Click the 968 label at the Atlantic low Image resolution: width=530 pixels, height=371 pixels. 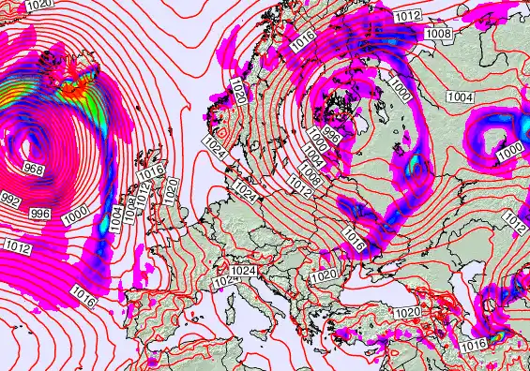34,170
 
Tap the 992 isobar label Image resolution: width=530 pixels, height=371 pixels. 11,201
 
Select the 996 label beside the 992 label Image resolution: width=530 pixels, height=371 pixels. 40,215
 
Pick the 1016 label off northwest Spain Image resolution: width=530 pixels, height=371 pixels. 82,300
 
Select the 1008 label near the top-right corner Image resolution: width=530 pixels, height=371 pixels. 438,34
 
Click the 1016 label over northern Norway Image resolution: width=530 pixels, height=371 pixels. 303,39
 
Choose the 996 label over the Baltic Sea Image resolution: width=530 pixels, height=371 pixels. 330,133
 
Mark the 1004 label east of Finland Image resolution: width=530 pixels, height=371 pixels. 460,97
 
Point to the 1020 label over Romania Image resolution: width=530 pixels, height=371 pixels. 322,275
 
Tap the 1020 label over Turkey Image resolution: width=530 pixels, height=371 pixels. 407,313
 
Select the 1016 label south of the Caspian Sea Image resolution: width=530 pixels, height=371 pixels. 474,346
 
